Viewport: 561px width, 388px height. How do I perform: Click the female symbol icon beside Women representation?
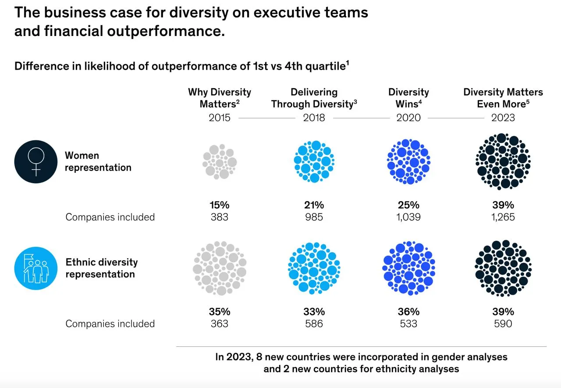click(x=36, y=161)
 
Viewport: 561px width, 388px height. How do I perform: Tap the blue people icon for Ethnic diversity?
click(x=36, y=268)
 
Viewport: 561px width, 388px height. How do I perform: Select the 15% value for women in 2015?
click(x=220, y=205)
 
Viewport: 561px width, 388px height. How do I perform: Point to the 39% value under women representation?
click(x=503, y=205)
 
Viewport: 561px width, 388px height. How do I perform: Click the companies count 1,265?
click(x=503, y=217)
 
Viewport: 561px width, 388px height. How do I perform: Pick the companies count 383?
click(x=220, y=217)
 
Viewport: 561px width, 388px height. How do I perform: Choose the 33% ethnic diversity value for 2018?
click(x=314, y=312)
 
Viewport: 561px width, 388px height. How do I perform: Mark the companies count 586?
click(x=314, y=324)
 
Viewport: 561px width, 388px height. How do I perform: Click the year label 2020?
click(x=408, y=117)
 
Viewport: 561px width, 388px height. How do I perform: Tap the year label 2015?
click(x=220, y=117)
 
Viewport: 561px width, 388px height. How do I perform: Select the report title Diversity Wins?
click(x=408, y=98)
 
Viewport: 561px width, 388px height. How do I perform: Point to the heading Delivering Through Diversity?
click(x=314, y=98)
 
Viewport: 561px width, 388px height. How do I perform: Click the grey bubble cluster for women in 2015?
click(x=220, y=161)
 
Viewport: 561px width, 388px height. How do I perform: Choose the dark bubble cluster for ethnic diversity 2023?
click(x=503, y=268)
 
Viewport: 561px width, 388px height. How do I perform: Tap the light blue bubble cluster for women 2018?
click(x=314, y=161)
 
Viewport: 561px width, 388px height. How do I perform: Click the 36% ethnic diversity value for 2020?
click(x=408, y=312)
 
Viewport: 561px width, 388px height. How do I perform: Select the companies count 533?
click(x=408, y=324)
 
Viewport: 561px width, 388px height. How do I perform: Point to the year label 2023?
click(x=503, y=117)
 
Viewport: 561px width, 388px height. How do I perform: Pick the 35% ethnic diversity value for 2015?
click(x=220, y=312)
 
